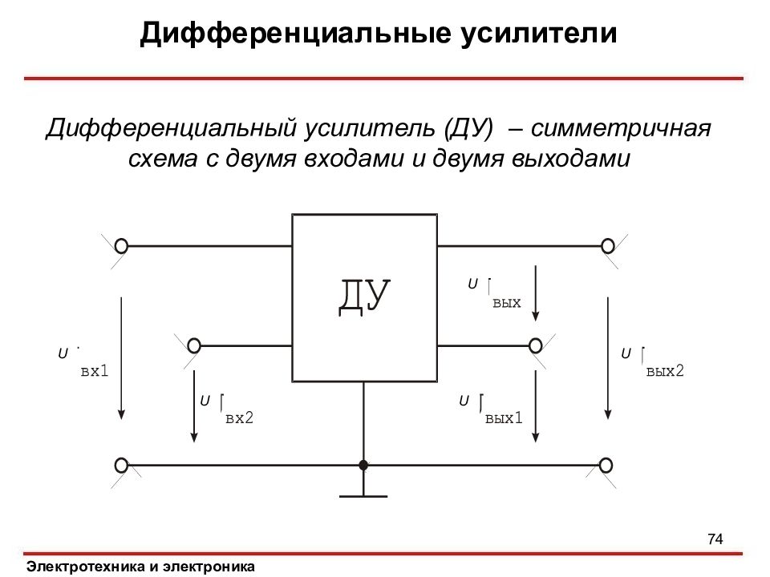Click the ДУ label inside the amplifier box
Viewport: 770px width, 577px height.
coord(364,297)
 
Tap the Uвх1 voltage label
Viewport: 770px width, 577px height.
coord(83,362)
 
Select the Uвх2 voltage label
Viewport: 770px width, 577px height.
coord(226,410)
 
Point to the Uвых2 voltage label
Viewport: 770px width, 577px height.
coord(652,362)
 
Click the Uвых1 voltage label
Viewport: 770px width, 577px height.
coord(491,410)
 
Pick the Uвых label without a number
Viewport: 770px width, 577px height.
coord(494,293)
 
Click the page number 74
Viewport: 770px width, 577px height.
coord(715,539)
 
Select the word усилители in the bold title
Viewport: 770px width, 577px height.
coord(539,34)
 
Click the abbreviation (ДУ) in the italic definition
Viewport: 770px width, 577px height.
coord(468,128)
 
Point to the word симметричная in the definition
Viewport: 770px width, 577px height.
coord(621,128)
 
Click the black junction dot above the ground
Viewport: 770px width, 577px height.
coord(363,465)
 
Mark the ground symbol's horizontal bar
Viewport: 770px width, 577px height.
coord(363,497)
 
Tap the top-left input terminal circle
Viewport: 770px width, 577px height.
coord(121,246)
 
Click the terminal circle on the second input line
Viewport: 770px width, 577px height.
coord(194,346)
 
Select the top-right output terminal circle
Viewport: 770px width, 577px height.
coord(608,246)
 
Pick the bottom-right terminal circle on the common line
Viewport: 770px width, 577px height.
coord(606,465)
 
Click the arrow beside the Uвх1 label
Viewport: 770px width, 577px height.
coord(121,358)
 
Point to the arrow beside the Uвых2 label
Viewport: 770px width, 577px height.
coord(608,358)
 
